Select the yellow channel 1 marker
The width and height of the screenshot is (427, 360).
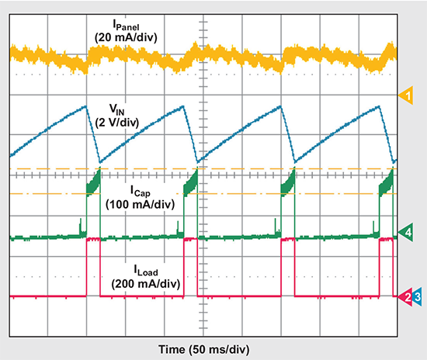tap(405, 95)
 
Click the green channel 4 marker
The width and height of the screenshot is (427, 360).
tap(405, 232)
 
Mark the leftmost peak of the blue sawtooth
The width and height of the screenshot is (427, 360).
tap(85, 106)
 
